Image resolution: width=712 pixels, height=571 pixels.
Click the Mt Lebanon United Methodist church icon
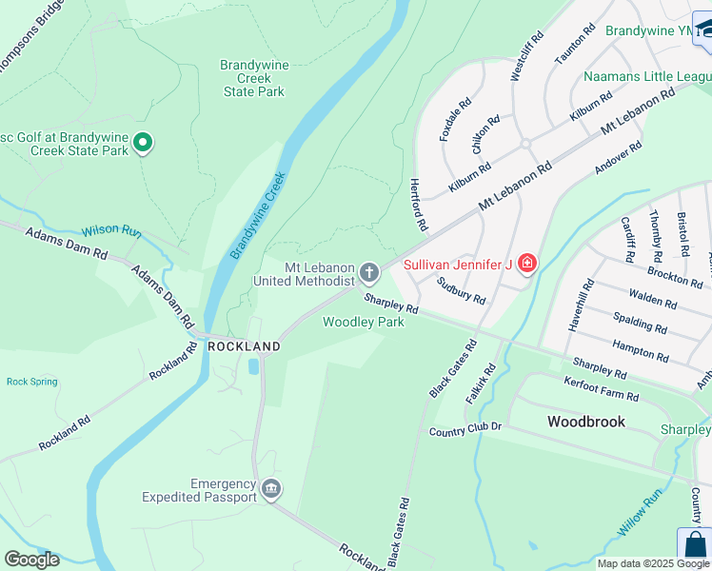pos(369,274)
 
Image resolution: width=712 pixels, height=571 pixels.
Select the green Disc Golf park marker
pos(143,144)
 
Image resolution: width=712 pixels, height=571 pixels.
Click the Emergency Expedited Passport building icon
pos(271,489)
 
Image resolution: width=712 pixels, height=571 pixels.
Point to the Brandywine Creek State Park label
pos(253,78)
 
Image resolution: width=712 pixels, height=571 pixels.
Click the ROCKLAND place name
pos(245,346)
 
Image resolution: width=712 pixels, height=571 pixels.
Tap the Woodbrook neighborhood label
pos(585,421)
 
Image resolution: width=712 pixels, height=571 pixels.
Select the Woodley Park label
pos(363,323)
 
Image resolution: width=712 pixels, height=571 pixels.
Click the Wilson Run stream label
pos(111,231)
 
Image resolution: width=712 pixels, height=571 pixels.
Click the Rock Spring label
pos(32,382)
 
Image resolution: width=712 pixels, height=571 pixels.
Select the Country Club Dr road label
pos(465,431)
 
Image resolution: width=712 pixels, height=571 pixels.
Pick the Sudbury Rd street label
pos(462,289)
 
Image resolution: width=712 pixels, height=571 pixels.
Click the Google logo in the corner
pos(31,560)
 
